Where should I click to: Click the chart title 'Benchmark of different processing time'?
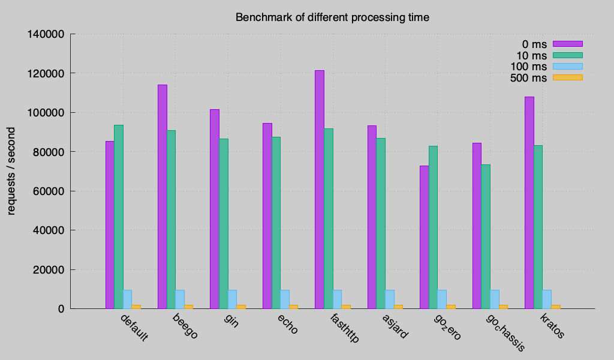(332, 17)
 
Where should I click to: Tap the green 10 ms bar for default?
(119, 217)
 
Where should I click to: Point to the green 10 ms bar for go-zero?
(433, 227)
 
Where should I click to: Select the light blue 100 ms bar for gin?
(232, 299)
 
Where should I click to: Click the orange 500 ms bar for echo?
(293, 307)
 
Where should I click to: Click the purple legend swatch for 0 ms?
(567, 44)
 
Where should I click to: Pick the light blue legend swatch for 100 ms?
(567, 66)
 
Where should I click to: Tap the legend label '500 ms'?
(528, 78)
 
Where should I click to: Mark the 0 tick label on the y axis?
(62, 309)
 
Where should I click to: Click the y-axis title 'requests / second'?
(11, 171)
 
